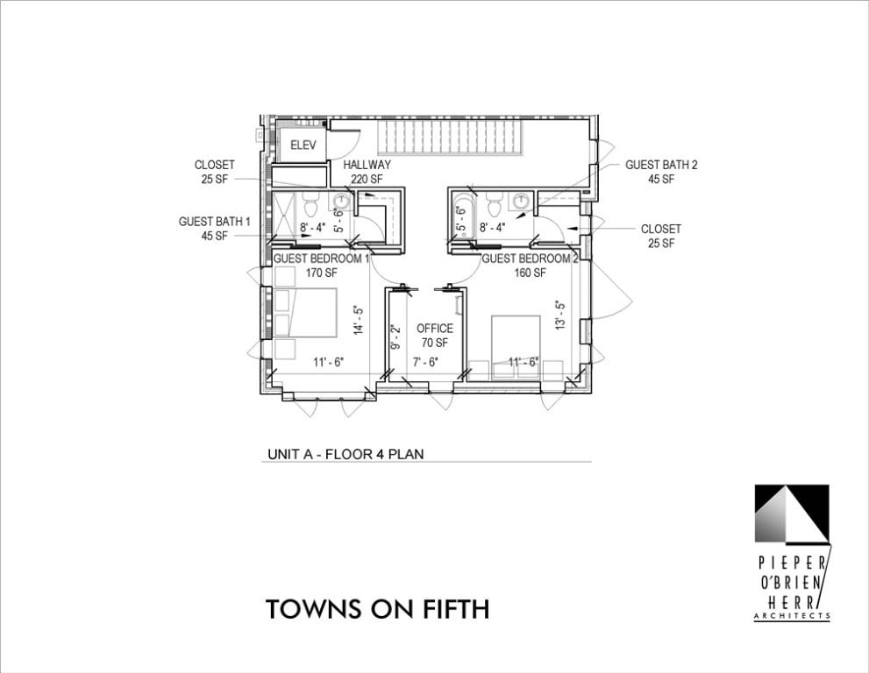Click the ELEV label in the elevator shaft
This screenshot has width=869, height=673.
click(x=302, y=145)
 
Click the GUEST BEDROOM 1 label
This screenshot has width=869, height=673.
click(x=321, y=259)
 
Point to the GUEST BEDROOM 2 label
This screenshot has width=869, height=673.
click(x=531, y=259)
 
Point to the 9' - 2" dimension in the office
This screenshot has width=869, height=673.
click(x=395, y=337)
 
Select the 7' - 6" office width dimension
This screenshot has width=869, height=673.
click(x=425, y=361)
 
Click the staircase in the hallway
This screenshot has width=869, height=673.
click(x=450, y=137)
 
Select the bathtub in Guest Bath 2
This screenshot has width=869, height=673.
click(x=461, y=209)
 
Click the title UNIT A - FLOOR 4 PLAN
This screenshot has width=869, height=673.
click(x=346, y=454)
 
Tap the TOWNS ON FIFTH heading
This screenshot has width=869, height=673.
click(x=377, y=609)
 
